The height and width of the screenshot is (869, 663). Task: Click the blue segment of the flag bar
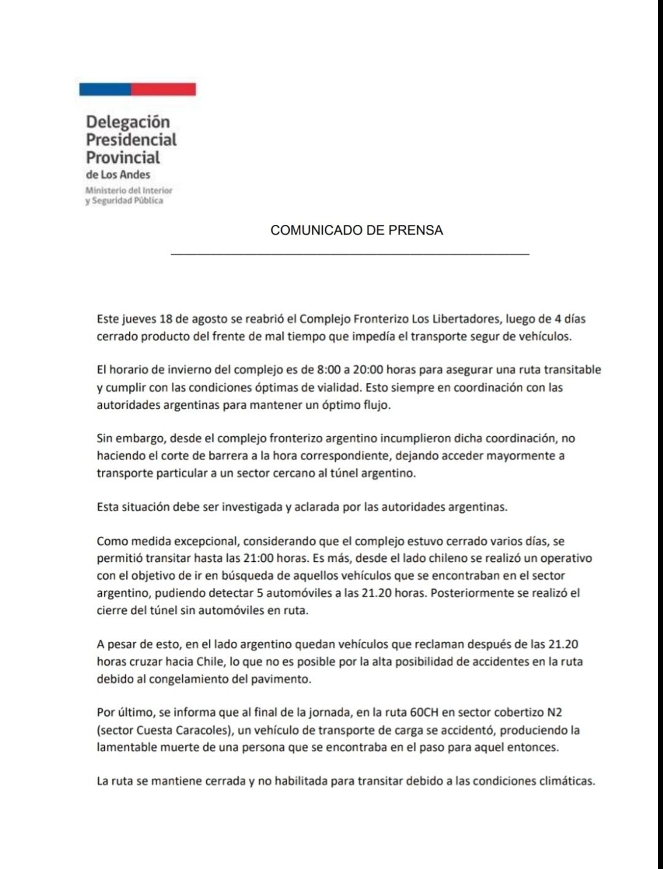(x=105, y=89)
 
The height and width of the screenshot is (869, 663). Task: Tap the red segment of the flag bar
(x=163, y=89)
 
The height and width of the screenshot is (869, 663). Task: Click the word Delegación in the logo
(x=127, y=122)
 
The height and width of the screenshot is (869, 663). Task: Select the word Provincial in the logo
(x=123, y=157)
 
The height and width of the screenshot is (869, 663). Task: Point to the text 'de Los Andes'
(x=118, y=174)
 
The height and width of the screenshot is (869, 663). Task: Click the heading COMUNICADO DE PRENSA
(x=357, y=230)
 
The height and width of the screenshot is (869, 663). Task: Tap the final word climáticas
(x=565, y=782)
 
